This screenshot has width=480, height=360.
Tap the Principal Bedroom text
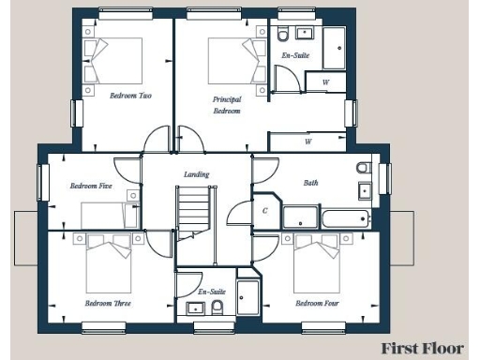pos(226,104)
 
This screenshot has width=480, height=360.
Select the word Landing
pos(197,174)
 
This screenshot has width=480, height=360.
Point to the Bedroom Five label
pos(91,186)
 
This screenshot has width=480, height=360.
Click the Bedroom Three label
pos(108,304)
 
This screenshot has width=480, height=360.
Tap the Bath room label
pos(311,184)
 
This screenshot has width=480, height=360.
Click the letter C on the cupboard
pos(265,211)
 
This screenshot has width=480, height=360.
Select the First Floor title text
pos(422,348)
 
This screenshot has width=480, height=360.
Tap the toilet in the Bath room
pos(364,169)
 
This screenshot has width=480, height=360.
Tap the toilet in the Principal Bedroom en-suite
pos(283,36)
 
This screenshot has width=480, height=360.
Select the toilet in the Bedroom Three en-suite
pos(217,307)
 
